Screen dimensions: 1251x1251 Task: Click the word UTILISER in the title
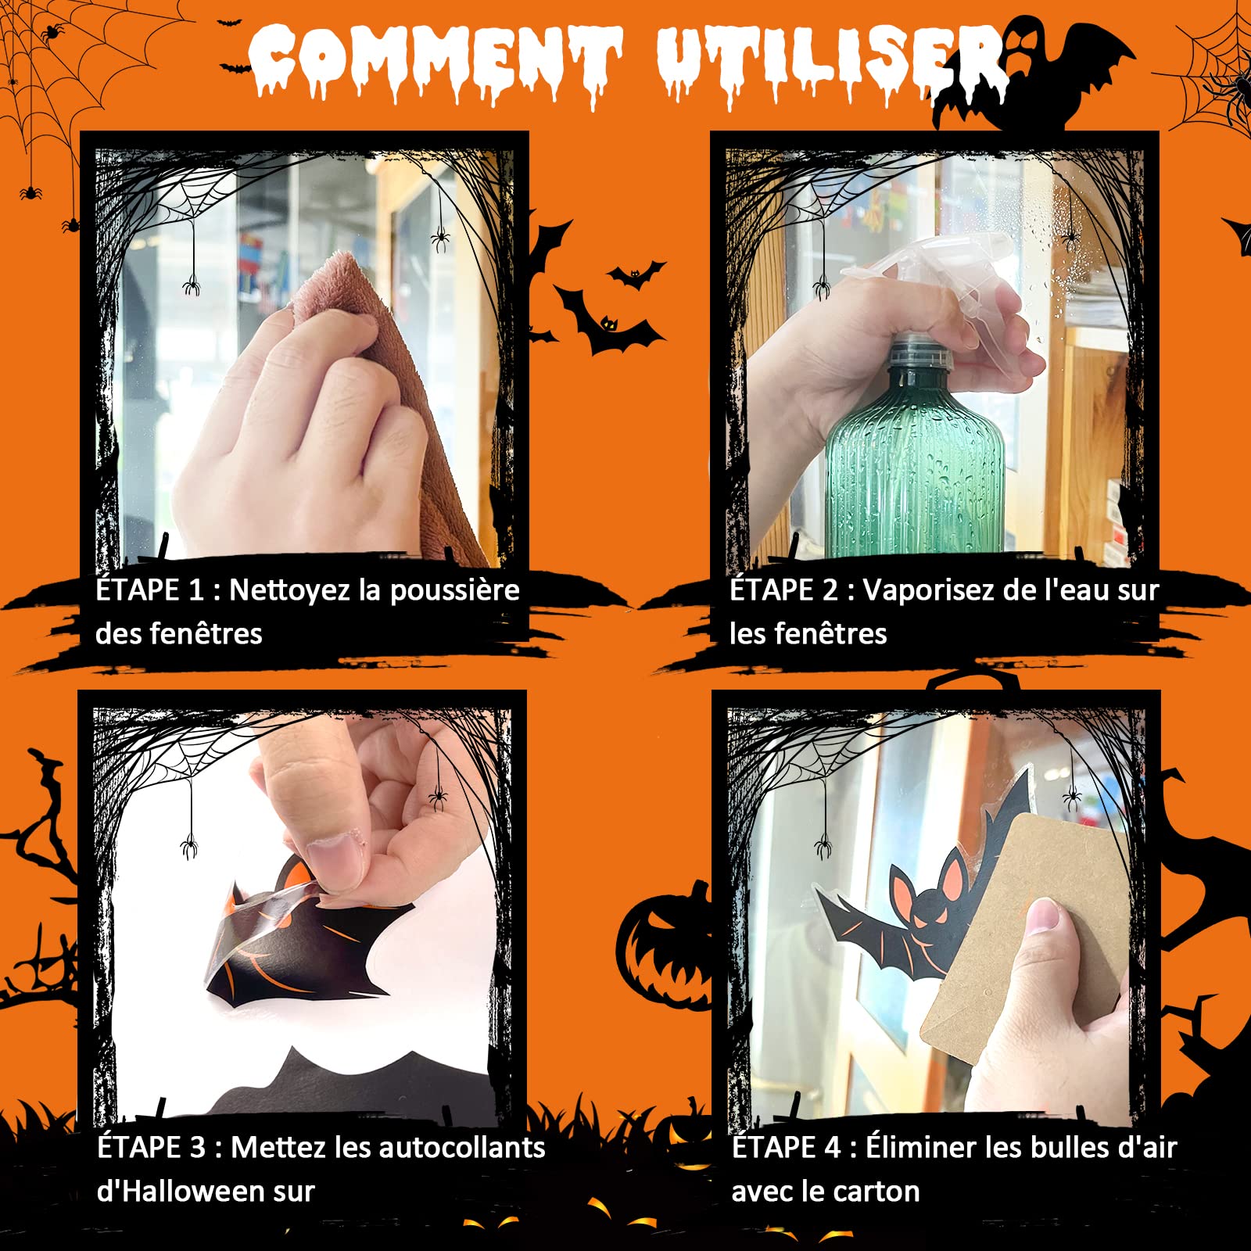tap(829, 63)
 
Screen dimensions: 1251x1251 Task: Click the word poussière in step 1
tap(454, 590)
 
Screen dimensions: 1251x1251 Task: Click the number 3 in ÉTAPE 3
tap(196, 1148)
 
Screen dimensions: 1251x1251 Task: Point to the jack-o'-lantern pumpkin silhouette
tap(665, 946)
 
